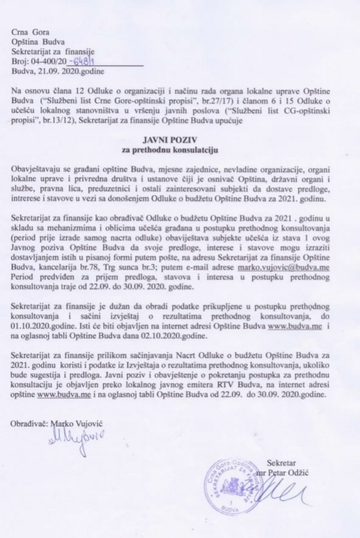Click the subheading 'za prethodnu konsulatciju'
click(180, 151)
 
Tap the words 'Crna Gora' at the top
click(25, 33)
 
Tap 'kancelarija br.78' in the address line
click(64, 268)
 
